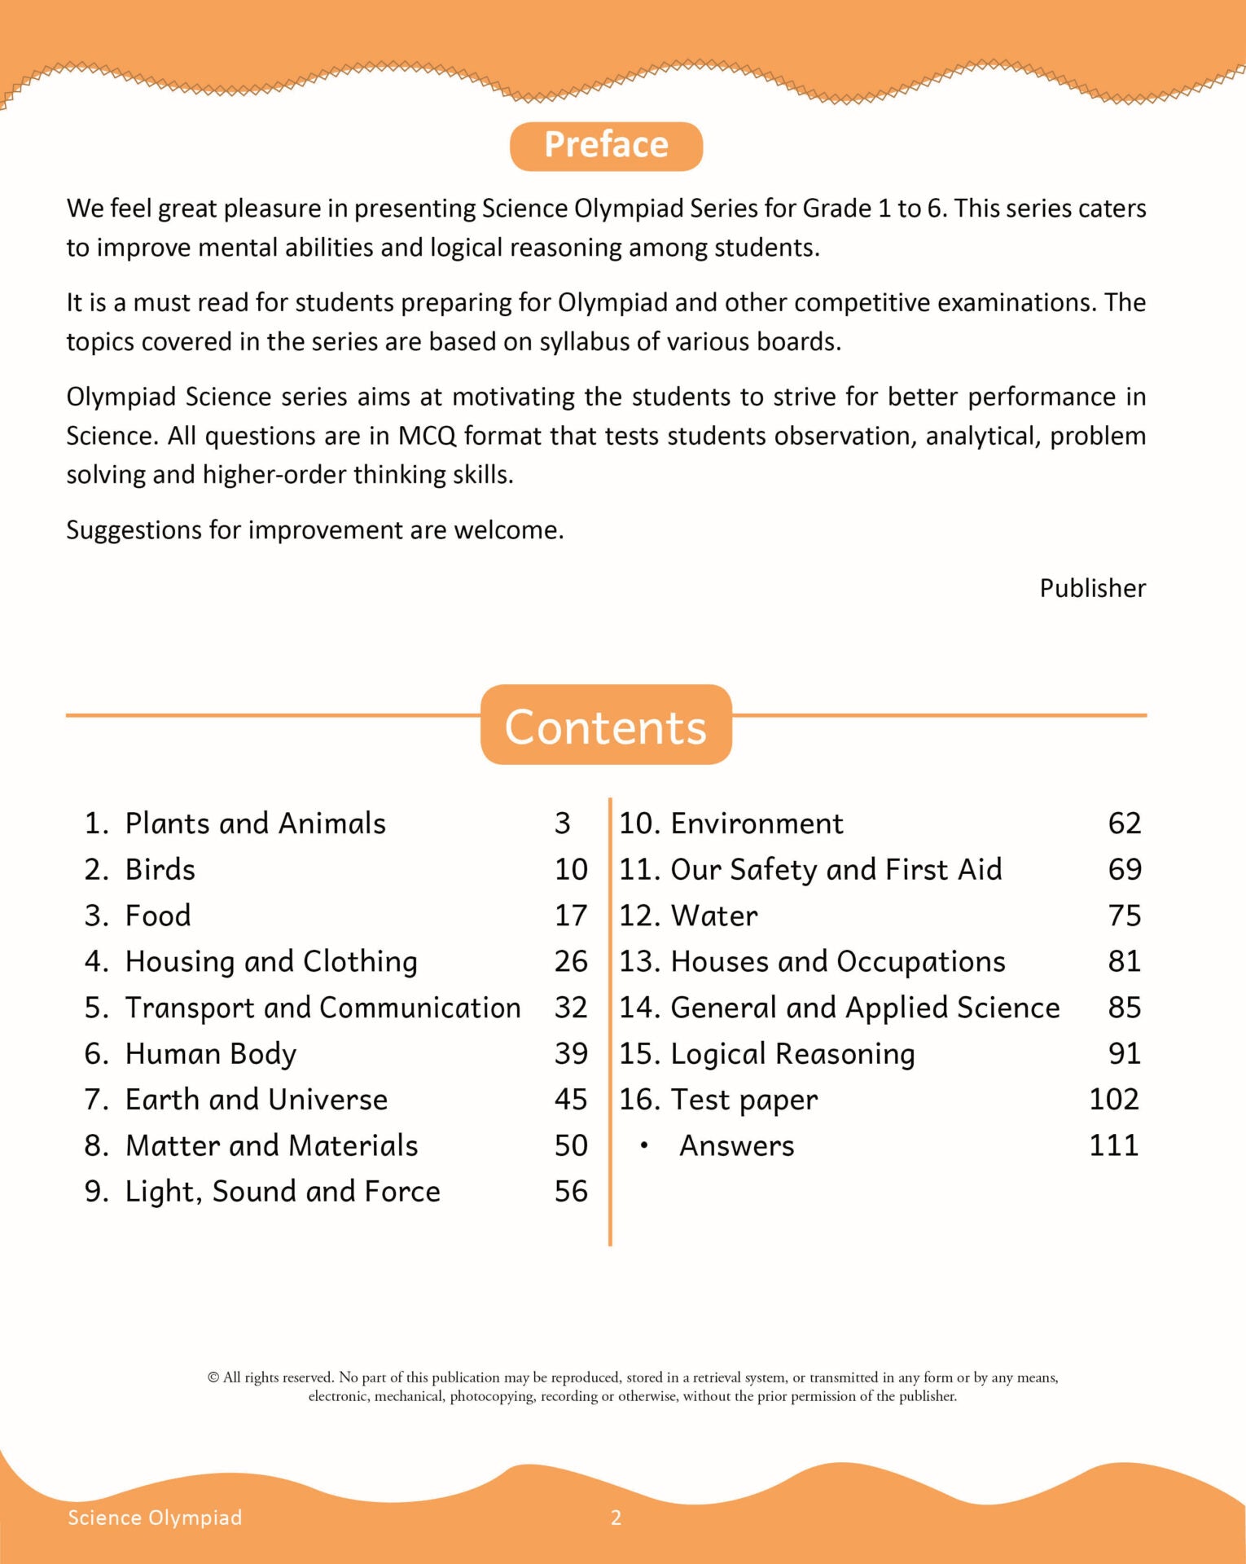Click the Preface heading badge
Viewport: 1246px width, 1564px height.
(606, 146)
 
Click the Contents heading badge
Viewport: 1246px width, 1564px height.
(606, 726)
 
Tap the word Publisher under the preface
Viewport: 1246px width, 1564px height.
(1092, 588)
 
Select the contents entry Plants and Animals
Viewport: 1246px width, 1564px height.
(255, 824)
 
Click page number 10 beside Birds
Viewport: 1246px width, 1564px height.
(571, 869)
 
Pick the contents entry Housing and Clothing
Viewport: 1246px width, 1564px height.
(271, 962)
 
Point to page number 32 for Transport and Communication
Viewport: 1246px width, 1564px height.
(571, 1008)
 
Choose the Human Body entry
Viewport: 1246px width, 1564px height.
(211, 1054)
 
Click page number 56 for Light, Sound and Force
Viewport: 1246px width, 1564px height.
(571, 1192)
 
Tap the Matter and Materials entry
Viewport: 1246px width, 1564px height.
(271, 1146)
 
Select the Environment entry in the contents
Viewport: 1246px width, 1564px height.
(757, 824)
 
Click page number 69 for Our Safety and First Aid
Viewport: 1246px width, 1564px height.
(1125, 869)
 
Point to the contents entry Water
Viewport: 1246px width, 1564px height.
(714, 916)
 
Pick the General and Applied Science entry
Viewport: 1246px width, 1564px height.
(865, 1008)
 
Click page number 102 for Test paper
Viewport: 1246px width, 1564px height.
(1114, 1100)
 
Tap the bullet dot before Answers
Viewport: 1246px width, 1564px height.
(644, 1146)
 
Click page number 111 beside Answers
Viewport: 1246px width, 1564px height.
(1114, 1146)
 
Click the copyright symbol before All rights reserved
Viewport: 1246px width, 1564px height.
(213, 1377)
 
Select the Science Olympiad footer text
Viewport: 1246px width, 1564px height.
(155, 1518)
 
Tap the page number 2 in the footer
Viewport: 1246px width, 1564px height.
(616, 1518)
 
